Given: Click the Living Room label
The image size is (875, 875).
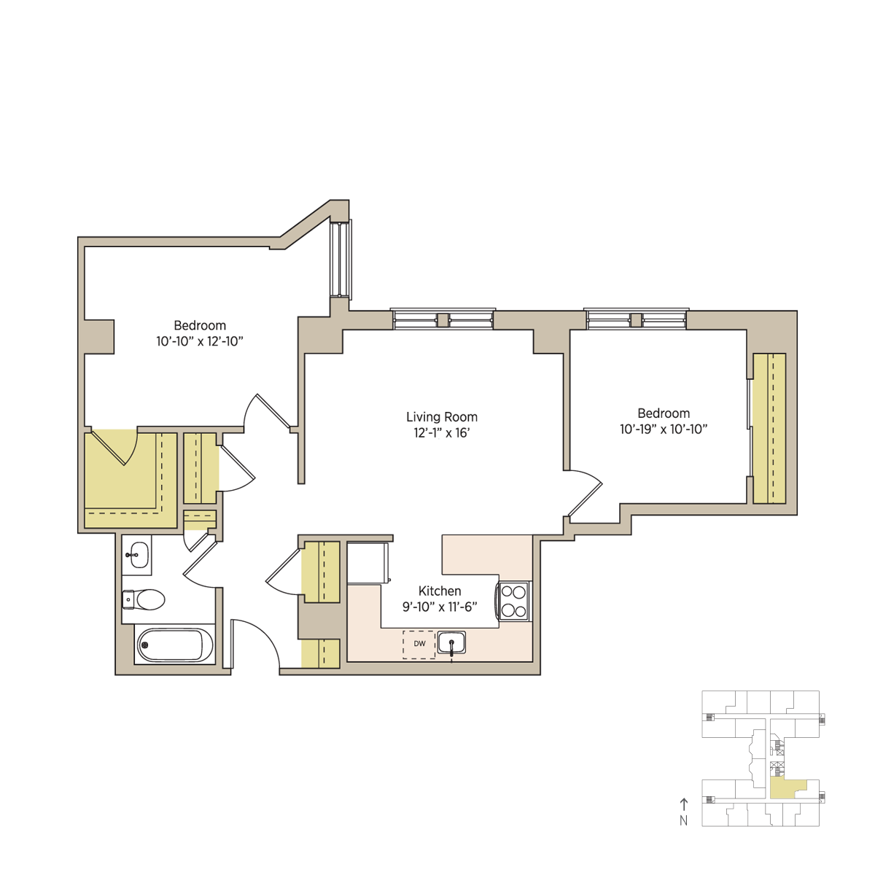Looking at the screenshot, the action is pos(441,416).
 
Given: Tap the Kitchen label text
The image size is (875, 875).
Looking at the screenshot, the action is pos(440,591).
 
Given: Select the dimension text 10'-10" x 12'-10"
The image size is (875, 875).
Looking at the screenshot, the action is pos(200,341).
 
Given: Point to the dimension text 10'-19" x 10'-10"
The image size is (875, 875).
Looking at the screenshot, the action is pos(664,429).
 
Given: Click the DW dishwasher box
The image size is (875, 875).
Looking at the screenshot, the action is pos(419,644).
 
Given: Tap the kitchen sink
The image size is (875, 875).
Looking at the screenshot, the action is pos(451,643).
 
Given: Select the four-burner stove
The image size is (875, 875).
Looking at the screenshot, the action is pos(514,601).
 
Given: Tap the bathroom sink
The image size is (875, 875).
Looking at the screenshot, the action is pos(136,555).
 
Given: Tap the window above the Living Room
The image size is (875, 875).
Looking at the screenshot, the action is pos(443,319).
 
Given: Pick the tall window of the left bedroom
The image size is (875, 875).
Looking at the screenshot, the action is pos(341,259).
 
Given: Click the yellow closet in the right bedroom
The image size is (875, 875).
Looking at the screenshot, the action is pos(769,428).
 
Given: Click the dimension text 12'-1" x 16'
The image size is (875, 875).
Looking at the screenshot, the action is pos(441,432).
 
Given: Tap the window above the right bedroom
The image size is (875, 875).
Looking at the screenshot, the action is pos(636,319).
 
